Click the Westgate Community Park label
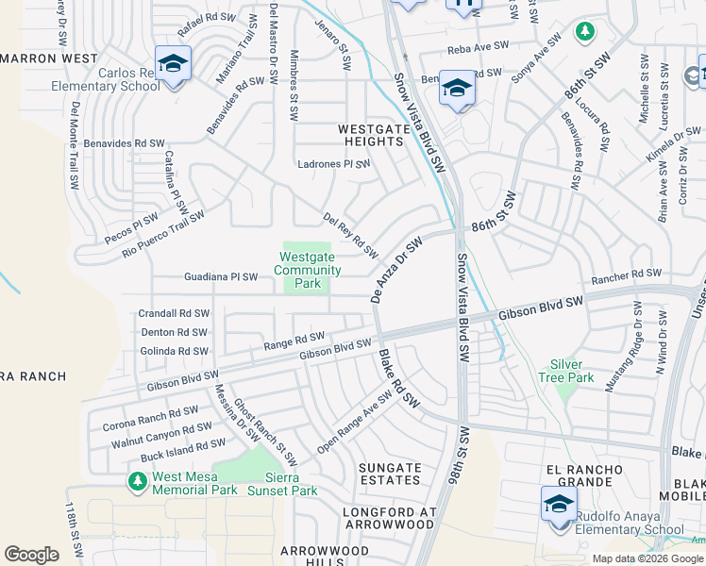tap(308, 269)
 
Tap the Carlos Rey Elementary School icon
tap(173, 66)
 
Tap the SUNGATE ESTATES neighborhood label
tap(391, 474)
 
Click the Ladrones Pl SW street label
tap(333, 163)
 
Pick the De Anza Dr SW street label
tap(395, 270)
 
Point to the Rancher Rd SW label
tap(626, 274)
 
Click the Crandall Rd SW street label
tap(173, 313)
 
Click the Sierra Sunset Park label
tap(282, 483)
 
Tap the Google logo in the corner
tap(31, 555)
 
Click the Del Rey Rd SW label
tap(350, 236)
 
